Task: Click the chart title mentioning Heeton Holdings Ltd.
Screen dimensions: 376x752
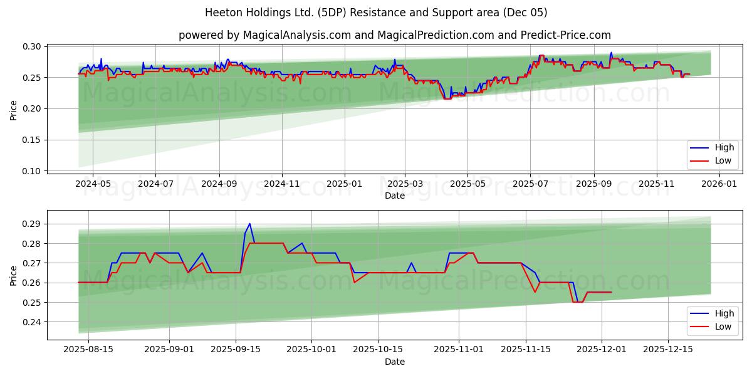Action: pyautogui.click(x=376, y=13)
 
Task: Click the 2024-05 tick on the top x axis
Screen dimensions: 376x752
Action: pyautogui.click(x=93, y=184)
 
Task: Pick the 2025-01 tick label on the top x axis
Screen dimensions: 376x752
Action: pyautogui.click(x=343, y=184)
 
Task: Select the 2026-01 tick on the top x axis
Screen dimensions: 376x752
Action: pyautogui.click(x=719, y=184)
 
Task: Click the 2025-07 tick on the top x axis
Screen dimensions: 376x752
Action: pyautogui.click(x=530, y=184)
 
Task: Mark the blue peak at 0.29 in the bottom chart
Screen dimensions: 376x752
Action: pyautogui.click(x=249, y=224)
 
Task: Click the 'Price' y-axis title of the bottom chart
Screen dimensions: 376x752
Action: pyautogui.click(x=14, y=275)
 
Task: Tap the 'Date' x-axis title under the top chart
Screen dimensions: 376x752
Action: pyautogui.click(x=395, y=196)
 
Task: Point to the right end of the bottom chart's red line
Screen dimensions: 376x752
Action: pyautogui.click(x=611, y=293)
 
